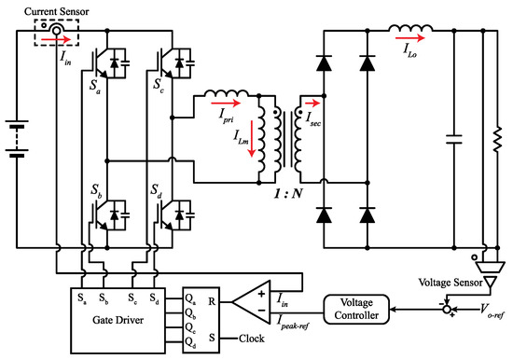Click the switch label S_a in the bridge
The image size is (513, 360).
96,84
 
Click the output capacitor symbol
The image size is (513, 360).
456,141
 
